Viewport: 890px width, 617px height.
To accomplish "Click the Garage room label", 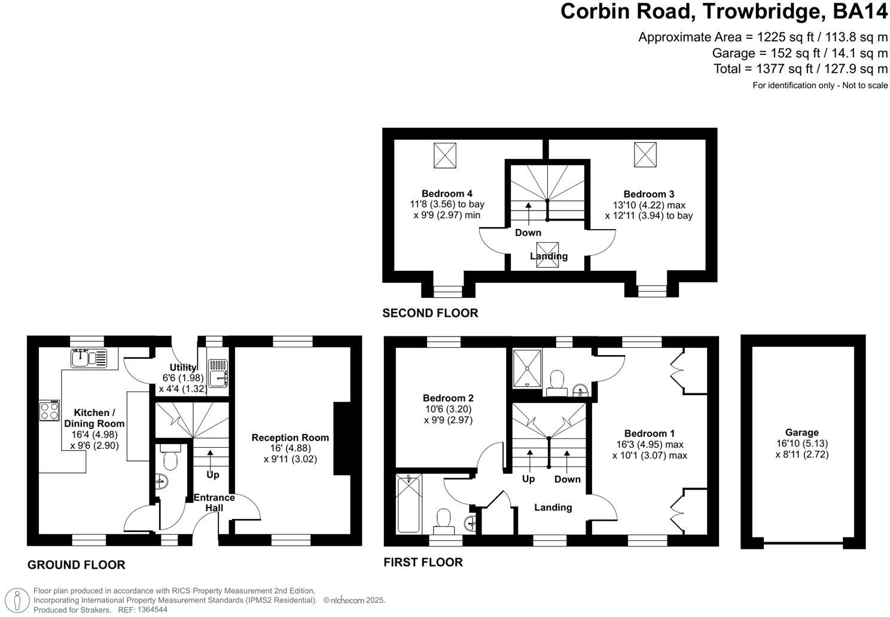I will [801, 432].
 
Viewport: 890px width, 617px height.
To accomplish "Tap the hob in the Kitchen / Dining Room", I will [50, 410].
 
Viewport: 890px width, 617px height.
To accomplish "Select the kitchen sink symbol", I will [89, 358].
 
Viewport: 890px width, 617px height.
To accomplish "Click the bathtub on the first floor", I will [409, 503].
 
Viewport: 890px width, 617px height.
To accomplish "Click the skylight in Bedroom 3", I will [645, 155].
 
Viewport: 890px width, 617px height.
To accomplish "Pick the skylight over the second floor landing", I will [547, 254].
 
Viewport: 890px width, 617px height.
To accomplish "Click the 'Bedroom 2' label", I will [448, 398].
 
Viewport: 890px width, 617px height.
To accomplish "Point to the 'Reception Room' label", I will [290, 438].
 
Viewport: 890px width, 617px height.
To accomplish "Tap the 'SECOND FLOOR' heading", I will [430, 313].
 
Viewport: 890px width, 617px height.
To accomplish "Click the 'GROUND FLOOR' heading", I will [77, 565].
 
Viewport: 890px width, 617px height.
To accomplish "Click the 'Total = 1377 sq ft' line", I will [800, 69].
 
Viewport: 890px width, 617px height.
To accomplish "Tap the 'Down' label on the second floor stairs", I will [528, 233].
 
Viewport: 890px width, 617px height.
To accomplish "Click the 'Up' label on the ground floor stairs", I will [212, 475].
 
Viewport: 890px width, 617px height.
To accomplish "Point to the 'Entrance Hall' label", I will [214, 503].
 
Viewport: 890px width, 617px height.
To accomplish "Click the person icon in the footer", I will [21, 600].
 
